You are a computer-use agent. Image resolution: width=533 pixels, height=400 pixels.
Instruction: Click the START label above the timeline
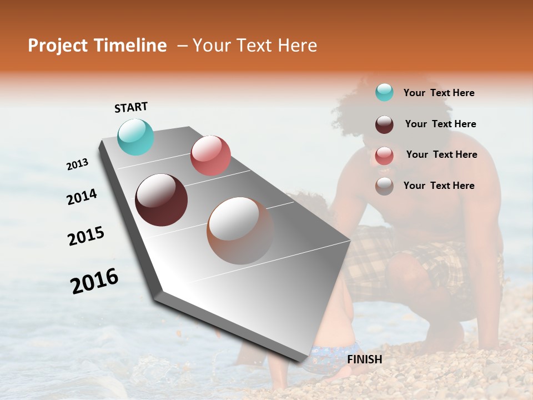[131, 107]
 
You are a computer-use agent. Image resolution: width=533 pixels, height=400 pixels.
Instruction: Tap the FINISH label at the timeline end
[365, 359]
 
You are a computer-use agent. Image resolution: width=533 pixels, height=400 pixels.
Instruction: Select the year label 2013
[78, 164]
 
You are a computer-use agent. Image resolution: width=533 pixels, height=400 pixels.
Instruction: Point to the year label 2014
[82, 197]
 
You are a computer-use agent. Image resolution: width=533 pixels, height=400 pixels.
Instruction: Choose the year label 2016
[94, 281]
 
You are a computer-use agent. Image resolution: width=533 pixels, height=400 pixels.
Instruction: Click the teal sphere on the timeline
[136, 137]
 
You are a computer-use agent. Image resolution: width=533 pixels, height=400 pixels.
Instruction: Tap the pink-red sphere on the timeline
[210, 156]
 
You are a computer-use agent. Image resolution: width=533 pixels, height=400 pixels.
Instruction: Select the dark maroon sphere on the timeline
[161, 200]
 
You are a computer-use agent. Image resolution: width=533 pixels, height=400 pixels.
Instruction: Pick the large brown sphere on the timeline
[240, 231]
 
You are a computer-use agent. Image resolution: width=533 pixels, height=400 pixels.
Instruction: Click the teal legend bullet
[384, 92]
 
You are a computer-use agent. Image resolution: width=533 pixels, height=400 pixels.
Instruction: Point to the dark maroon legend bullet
[384, 124]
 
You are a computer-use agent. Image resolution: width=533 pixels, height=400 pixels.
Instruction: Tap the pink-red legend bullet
[384, 156]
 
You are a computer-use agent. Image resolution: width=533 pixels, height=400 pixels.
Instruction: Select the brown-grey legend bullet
[384, 186]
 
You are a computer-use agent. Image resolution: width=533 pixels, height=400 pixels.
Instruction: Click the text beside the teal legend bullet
[439, 93]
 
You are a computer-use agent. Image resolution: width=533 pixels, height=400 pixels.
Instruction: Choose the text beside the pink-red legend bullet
[441, 154]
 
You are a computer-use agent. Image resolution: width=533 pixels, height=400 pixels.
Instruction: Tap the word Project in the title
[57, 46]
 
